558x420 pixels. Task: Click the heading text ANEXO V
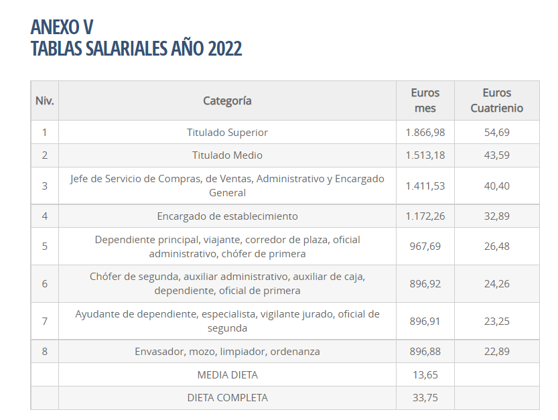(62, 27)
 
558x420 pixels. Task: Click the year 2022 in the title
(224, 48)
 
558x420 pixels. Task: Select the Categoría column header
(227, 100)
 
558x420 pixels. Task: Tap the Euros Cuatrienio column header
(496, 100)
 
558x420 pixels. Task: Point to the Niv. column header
(45, 100)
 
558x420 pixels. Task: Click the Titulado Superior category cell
(227, 132)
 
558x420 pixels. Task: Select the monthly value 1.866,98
(425, 132)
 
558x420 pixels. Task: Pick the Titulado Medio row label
(227, 155)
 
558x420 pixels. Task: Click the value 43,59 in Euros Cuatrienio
(496, 155)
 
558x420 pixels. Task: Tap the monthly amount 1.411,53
(425, 186)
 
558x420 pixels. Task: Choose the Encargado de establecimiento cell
(227, 216)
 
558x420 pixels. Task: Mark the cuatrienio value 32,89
(496, 216)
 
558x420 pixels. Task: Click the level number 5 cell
(45, 246)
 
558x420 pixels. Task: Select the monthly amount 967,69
(425, 246)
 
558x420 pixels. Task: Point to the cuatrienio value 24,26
(496, 283)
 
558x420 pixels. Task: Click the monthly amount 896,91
(425, 321)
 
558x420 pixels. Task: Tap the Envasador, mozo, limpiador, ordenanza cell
(227, 351)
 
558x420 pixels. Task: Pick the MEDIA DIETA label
(227, 374)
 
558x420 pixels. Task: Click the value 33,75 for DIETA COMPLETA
(425, 397)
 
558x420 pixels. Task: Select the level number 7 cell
(45, 321)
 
